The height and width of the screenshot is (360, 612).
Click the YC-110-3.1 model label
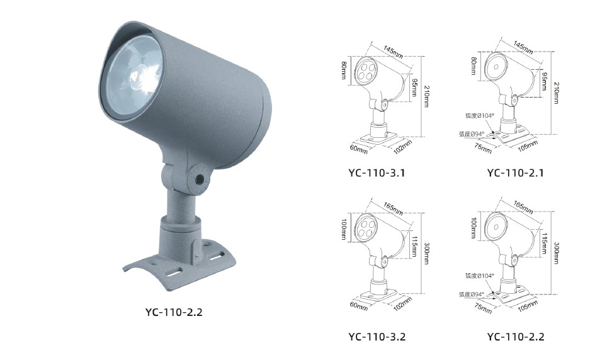(x=377, y=172)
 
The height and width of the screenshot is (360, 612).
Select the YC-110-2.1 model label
(x=515, y=172)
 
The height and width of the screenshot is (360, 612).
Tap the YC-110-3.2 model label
(x=377, y=337)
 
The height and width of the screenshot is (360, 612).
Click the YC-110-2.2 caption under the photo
(x=174, y=312)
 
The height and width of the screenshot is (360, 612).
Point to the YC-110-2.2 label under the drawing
(x=516, y=337)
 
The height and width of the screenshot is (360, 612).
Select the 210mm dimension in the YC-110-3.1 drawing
(x=427, y=96)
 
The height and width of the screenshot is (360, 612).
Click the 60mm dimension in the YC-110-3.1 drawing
(x=359, y=149)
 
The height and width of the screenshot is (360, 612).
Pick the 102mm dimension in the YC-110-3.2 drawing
(x=403, y=304)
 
